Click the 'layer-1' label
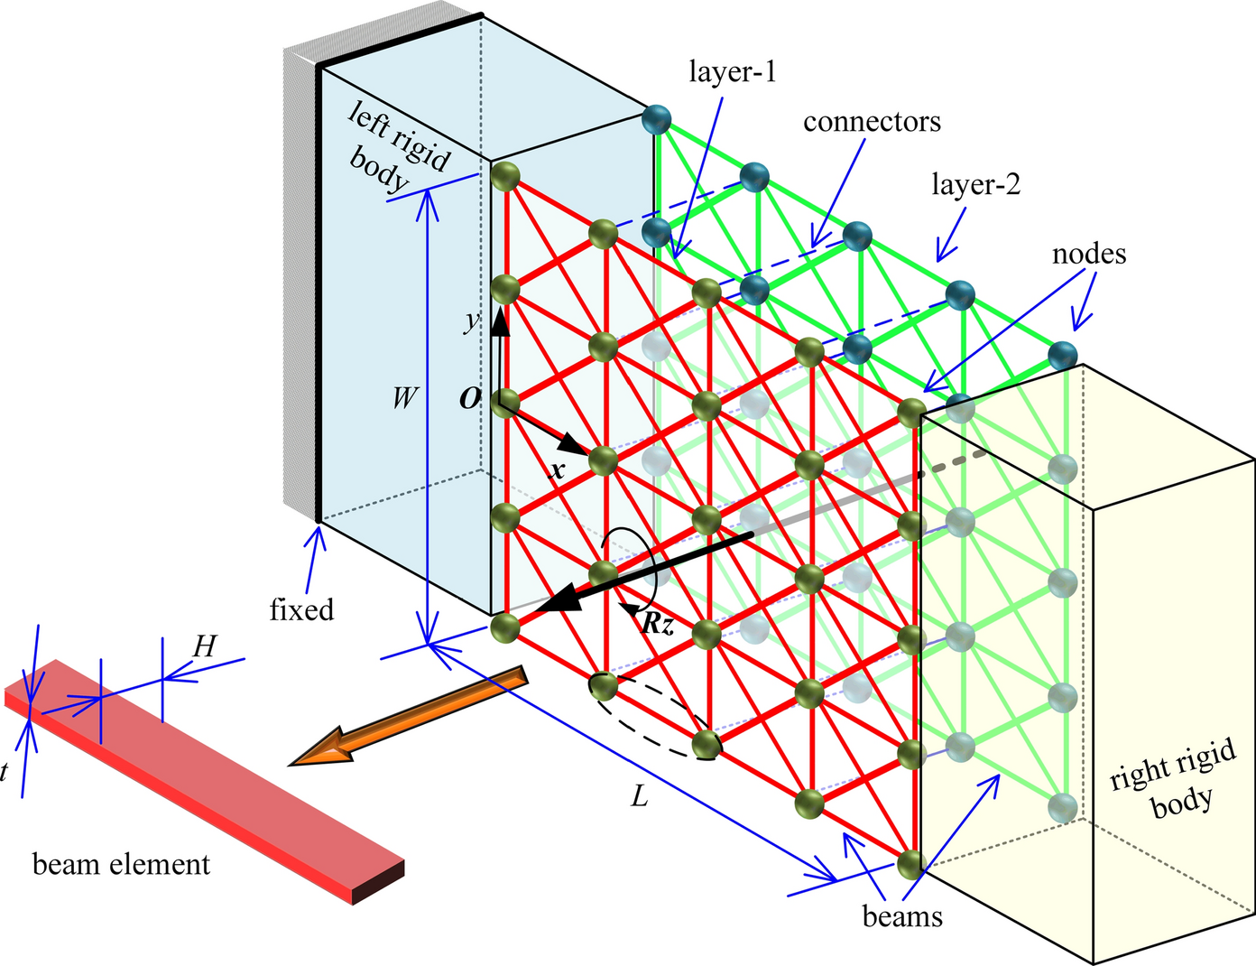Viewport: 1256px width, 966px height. [x=732, y=72]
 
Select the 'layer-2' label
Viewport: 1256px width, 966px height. [x=975, y=185]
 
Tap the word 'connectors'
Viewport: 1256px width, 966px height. [x=872, y=121]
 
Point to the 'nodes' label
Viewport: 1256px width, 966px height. [x=1089, y=255]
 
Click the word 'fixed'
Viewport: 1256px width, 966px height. [x=301, y=610]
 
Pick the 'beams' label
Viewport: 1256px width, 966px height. [x=902, y=917]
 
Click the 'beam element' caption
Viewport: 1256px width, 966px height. [x=121, y=865]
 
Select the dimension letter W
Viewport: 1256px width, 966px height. [x=404, y=397]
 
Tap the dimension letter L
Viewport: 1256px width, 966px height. [x=639, y=797]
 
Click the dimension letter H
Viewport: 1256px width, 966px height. [x=205, y=646]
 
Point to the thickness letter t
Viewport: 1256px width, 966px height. [x=5, y=772]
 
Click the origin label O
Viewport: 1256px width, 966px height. [x=470, y=399]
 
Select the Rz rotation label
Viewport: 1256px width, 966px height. [x=657, y=624]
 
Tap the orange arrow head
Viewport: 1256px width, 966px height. [x=316, y=749]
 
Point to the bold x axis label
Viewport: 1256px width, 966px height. [x=558, y=469]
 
